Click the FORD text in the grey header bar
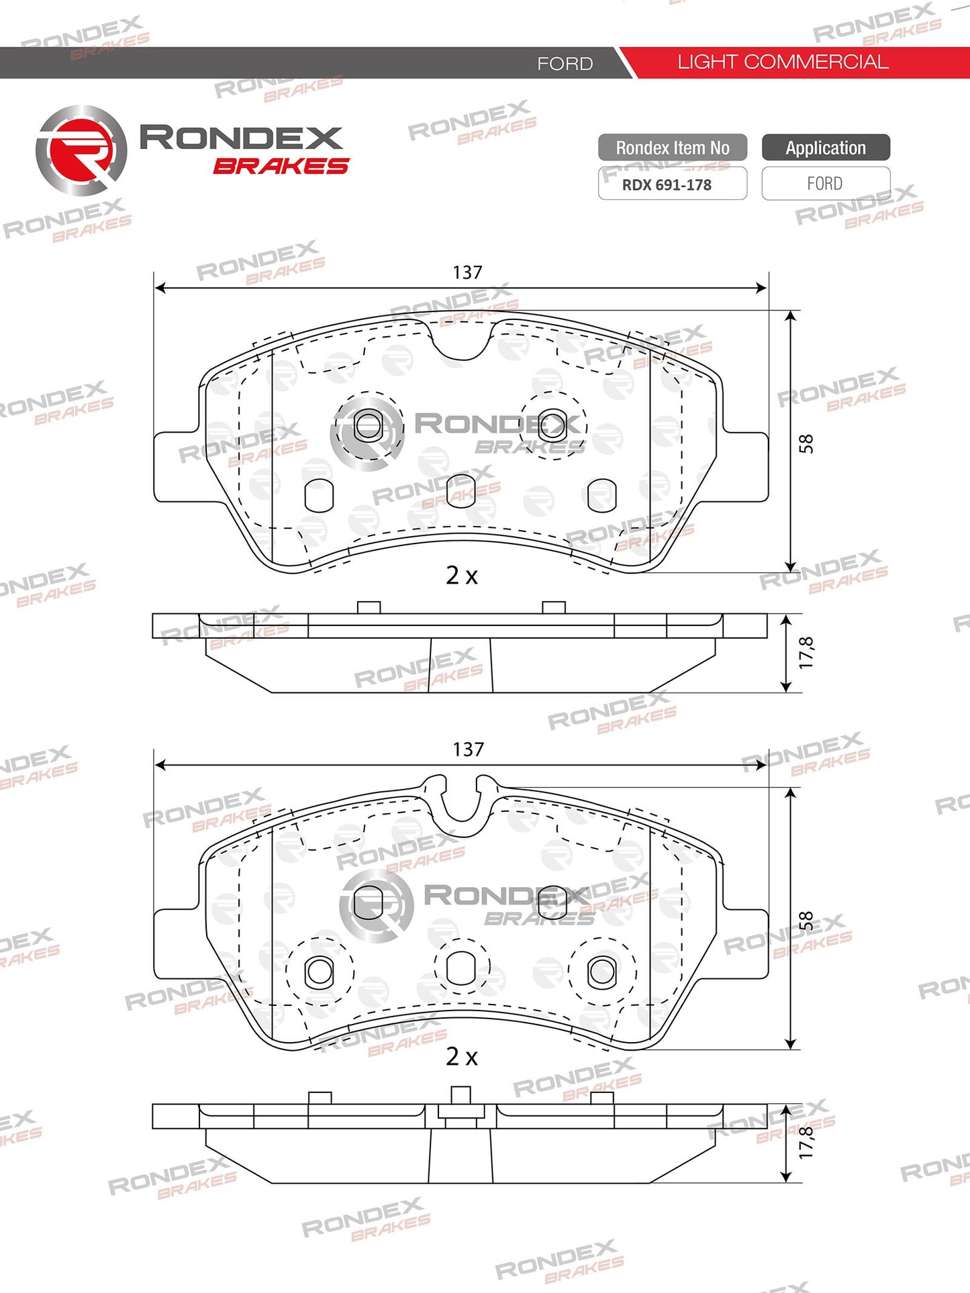coord(565,64)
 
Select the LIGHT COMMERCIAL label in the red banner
coord(783,62)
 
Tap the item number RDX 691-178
coord(667,185)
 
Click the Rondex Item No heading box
coord(673,148)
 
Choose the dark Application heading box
coord(826,148)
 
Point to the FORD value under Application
coord(824,184)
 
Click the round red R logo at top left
coord(81,150)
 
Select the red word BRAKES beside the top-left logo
coord(281,166)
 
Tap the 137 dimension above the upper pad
coord(467,272)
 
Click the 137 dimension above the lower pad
coord(468,749)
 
